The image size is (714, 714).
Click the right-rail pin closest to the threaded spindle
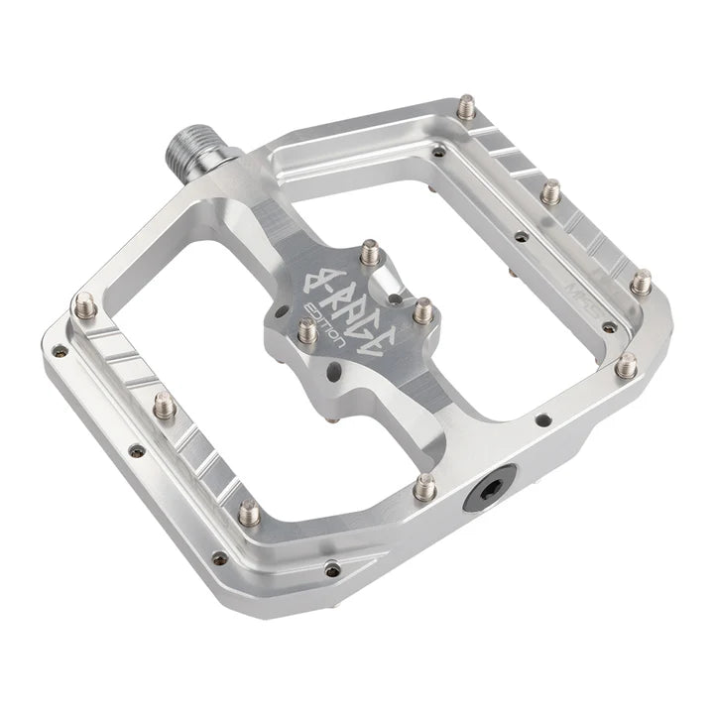pyautogui.click(x=466, y=105)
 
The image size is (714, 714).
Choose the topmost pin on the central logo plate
pyautogui.click(x=370, y=251)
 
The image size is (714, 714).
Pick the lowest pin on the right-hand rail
pyautogui.click(x=625, y=365)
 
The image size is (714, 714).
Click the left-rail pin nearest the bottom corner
pyautogui.click(x=250, y=512)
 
